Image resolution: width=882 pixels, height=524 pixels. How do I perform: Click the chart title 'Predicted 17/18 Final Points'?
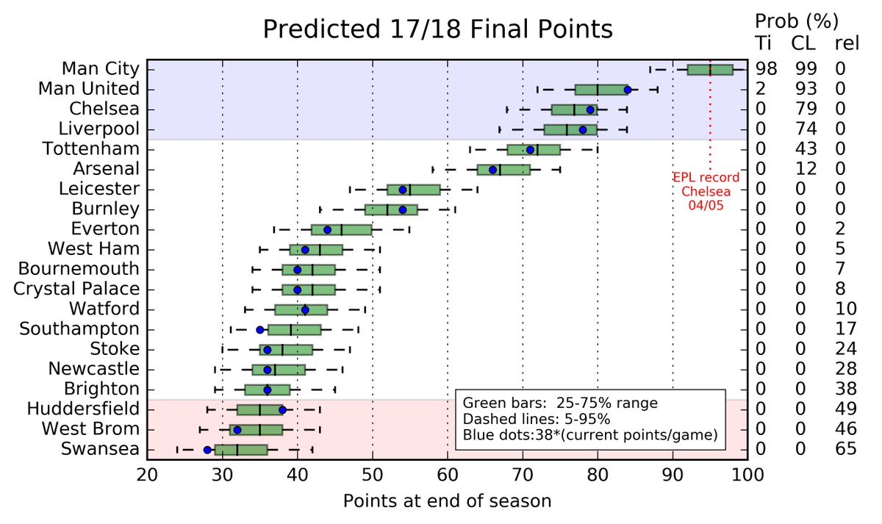pyautogui.click(x=437, y=30)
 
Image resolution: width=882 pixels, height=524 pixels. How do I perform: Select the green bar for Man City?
pyautogui.click(x=709, y=70)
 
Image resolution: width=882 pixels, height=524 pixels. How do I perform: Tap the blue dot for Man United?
pyautogui.click(x=627, y=90)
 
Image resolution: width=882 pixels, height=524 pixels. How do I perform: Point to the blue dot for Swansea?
pyautogui.click(x=207, y=449)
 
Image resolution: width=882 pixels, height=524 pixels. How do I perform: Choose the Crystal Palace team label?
pyautogui.click(x=76, y=289)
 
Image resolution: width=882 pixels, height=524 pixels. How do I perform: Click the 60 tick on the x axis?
pyautogui.click(x=448, y=475)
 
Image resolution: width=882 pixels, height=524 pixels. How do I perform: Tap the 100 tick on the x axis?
pyautogui.click(x=747, y=475)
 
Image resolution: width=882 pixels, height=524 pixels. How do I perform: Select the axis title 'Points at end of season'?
pyautogui.click(x=447, y=502)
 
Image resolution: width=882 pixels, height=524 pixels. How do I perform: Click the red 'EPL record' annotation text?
pyautogui.click(x=706, y=178)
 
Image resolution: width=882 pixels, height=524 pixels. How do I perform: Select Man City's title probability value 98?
pyautogui.click(x=767, y=70)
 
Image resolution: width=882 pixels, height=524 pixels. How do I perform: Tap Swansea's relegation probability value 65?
pyautogui.click(x=845, y=449)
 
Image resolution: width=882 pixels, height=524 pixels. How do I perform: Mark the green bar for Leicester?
pyautogui.click(x=413, y=189)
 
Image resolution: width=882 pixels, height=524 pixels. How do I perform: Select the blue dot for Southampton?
pyautogui.click(x=259, y=329)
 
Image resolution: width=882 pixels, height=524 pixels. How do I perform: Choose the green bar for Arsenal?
pyautogui.click(x=503, y=169)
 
